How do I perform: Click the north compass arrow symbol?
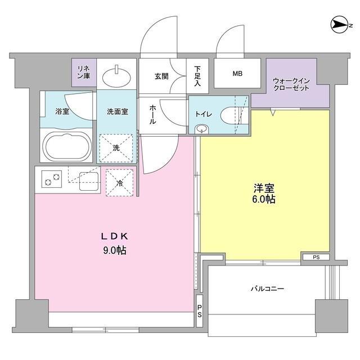[339, 25]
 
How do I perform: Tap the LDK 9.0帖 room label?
[115, 244]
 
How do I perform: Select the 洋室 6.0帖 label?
[264, 193]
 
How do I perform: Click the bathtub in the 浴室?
[67, 147]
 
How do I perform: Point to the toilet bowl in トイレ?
[230, 115]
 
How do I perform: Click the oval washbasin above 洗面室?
[116, 76]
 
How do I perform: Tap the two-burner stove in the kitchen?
[52, 179]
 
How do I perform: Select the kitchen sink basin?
[89, 181]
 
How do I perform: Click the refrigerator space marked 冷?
[119, 182]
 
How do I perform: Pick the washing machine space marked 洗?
[116, 148]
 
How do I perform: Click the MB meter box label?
[237, 74]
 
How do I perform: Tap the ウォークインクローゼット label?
[291, 84]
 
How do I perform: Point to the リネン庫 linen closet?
[84, 73]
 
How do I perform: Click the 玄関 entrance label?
[161, 76]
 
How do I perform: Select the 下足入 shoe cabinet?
[197, 76]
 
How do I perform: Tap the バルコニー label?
[268, 289]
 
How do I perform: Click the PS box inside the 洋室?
[316, 257]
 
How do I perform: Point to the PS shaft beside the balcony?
[200, 310]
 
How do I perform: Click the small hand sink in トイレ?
[201, 129]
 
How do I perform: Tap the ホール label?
[152, 115]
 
